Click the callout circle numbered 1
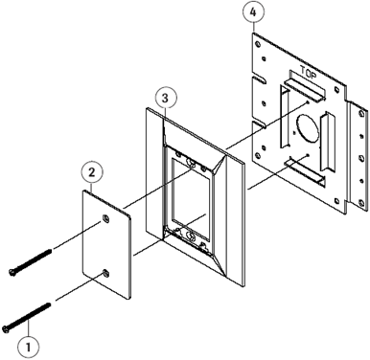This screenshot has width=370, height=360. point(29,347)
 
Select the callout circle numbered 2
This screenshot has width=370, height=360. point(92,172)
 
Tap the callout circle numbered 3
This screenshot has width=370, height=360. point(165,99)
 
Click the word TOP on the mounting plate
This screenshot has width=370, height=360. point(309,73)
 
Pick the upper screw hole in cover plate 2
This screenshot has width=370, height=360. point(105,218)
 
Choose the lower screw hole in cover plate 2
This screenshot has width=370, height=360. point(105,272)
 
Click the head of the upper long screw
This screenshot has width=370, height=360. point(12,272)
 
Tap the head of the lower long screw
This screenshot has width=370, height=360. point(6,329)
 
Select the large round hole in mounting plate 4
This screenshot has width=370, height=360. point(308,128)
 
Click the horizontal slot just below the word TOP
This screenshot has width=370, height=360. point(305,89)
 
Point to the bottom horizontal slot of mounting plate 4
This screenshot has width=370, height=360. point(305,171)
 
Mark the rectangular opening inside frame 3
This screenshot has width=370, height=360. point(191,199)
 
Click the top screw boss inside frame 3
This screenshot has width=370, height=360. point(192,163)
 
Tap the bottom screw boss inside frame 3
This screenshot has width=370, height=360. point(192,236)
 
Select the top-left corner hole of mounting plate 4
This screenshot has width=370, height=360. point(258,44)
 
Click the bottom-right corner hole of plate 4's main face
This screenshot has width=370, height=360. point(336,200)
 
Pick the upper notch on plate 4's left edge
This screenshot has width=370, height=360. point(259,79)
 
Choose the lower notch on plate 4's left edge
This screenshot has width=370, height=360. point(259,124)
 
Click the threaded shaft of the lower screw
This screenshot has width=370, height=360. point(30,316)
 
